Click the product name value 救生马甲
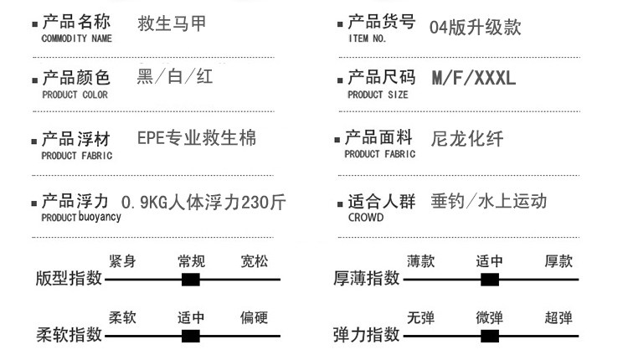click(172, 23)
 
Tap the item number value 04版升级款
click(475, 27)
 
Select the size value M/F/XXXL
click(474, 80)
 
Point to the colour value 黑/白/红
click(174, 78)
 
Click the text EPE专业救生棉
click(197, 138)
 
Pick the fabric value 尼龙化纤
click(467, 139)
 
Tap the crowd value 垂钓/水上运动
click(489, 201)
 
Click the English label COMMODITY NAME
click(76, 39)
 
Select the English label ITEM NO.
click(367, 39)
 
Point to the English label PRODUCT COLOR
click(75, 95)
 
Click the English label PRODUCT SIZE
click(378, 95)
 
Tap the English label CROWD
click(366, 218)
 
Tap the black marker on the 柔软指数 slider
click(191, 337)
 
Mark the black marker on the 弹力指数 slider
click(490, 337)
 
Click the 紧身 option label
click(122, 262)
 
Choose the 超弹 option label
click(559, 318)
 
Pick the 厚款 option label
click(559, 261)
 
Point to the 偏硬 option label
click(254, 318)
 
